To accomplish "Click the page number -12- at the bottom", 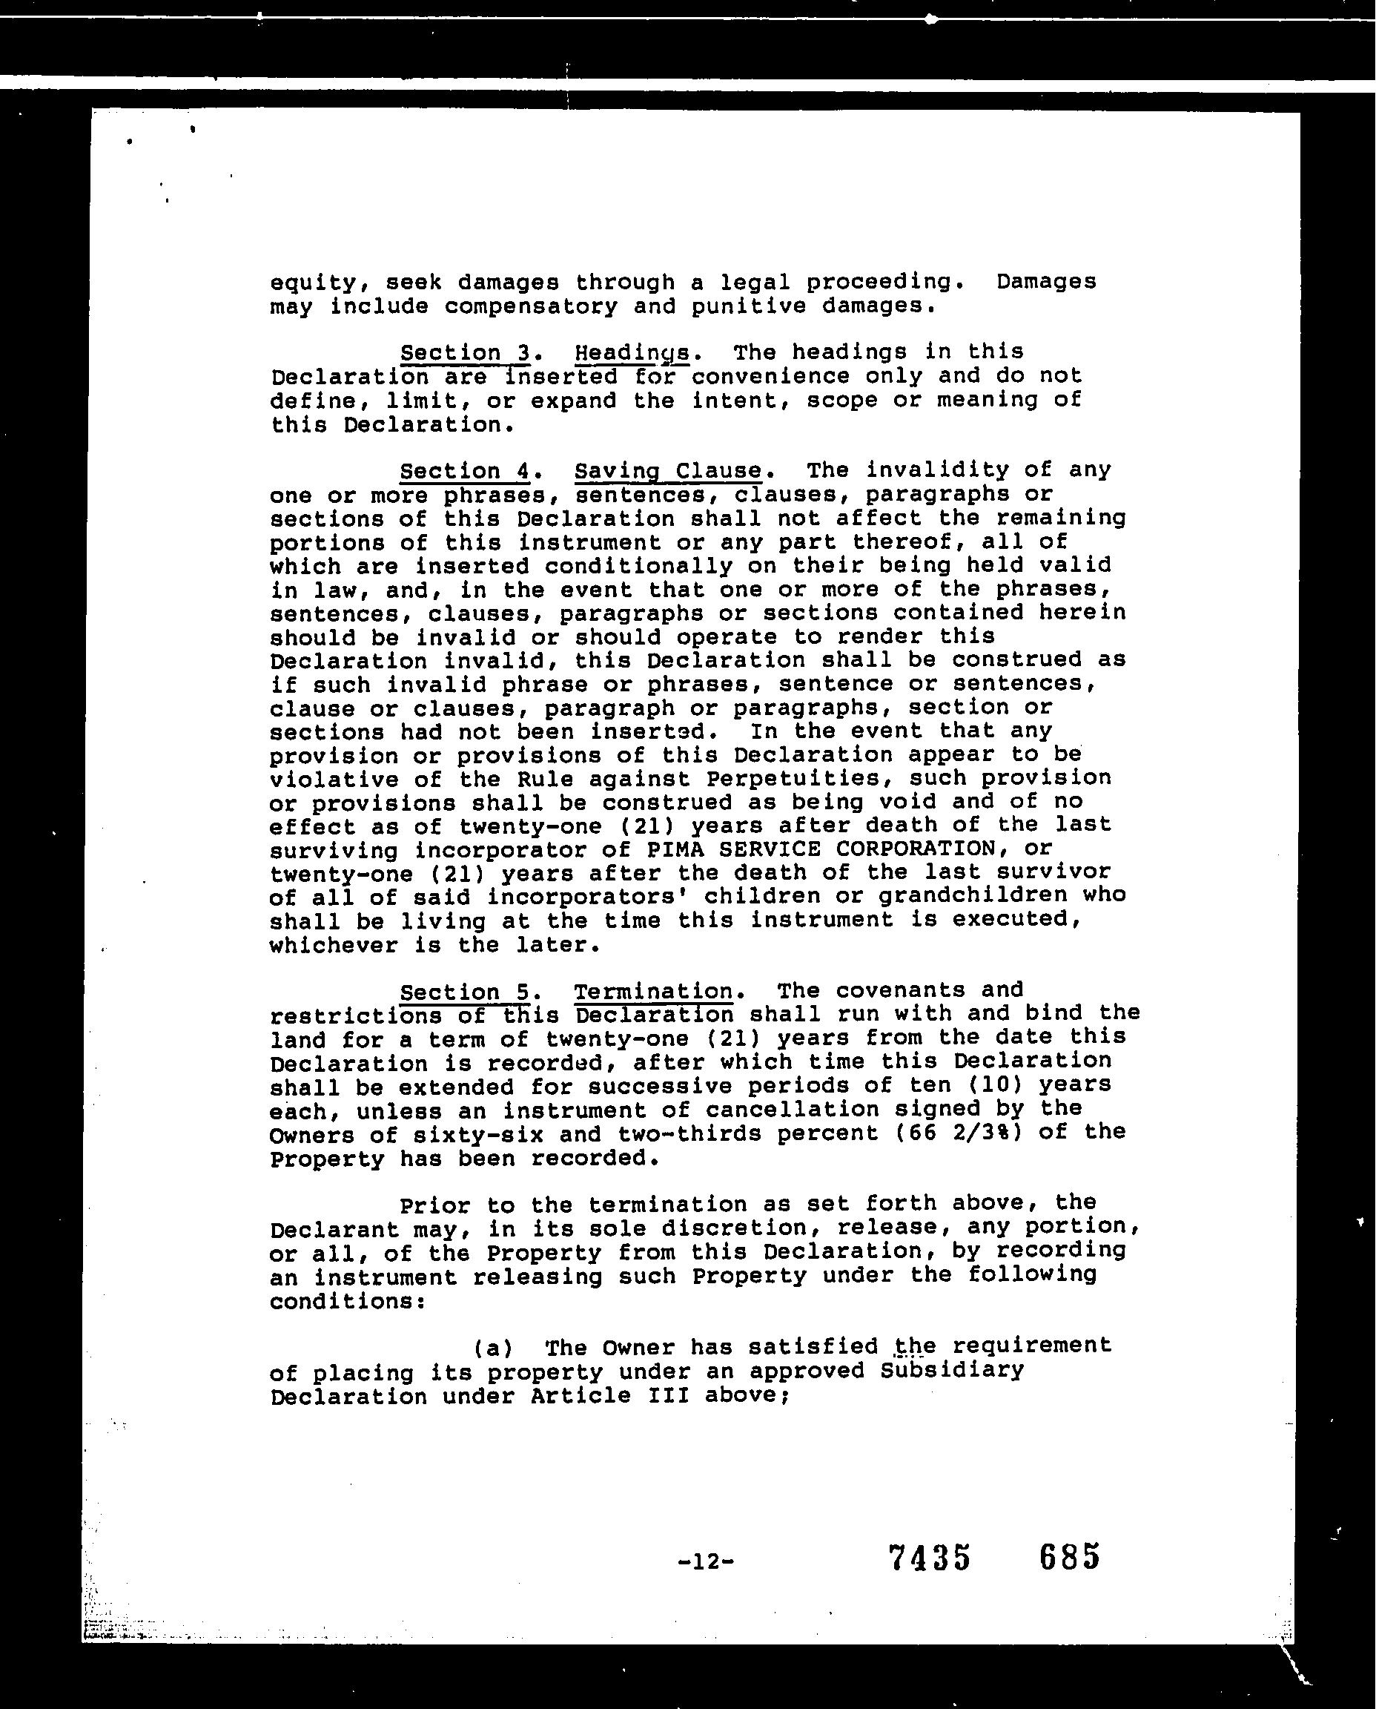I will (x=707, y=1561).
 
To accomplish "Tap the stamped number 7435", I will (x=929, y=1558).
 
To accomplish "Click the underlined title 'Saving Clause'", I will (x=667, y=471).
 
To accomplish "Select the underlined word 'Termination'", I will (x=653, y=992).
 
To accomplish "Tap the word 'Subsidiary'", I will (x=952, y=1372).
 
